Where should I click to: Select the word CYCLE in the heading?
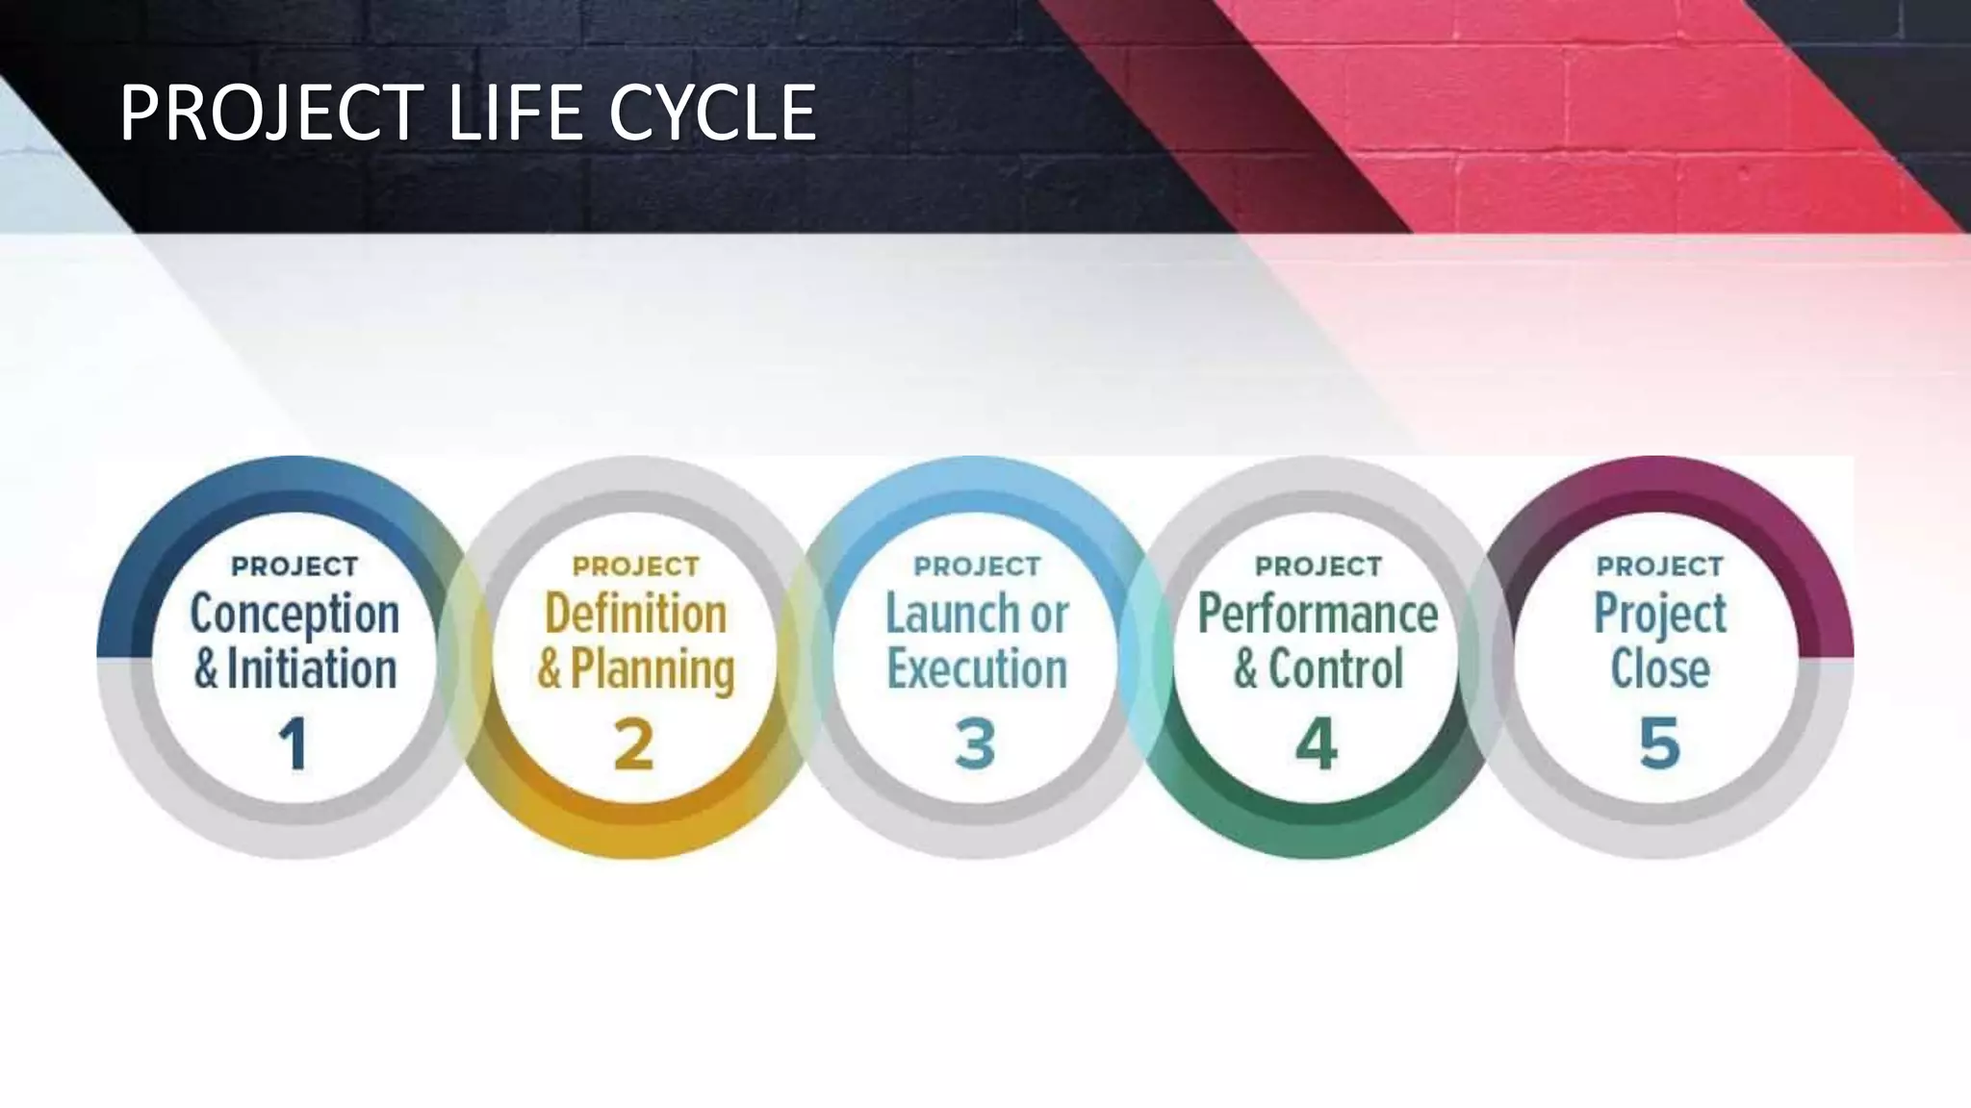click(x=712, y=113)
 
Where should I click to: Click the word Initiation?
click(x=312, y=669)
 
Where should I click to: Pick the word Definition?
click(x=635, y=614)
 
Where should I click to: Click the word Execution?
click(x=977, y=669)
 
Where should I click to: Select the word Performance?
click(x=1318, y=614)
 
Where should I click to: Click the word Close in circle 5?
click(x=1660, y=669)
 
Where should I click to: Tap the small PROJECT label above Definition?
click(x=635, y=567)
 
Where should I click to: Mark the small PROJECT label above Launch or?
click(x=977, y=567)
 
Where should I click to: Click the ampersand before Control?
click(x=1245, y=670)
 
